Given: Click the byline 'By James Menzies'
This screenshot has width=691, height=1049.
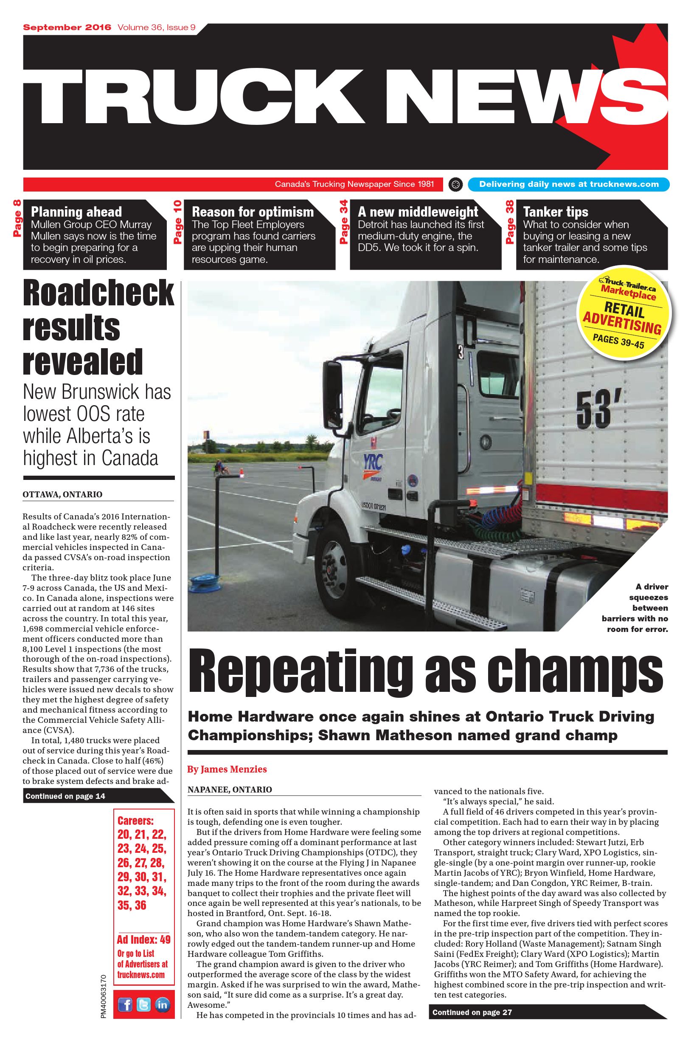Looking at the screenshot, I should [x=227, y=769].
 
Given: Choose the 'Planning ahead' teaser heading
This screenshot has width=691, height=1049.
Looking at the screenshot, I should [x=76, y=211].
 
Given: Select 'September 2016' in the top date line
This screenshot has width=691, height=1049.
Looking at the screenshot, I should [x=67, y=27].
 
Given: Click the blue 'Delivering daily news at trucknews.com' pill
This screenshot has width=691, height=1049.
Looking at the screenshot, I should [x=568, y=184].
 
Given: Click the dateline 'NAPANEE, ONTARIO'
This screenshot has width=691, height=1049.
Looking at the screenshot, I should [x=230, y=789].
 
